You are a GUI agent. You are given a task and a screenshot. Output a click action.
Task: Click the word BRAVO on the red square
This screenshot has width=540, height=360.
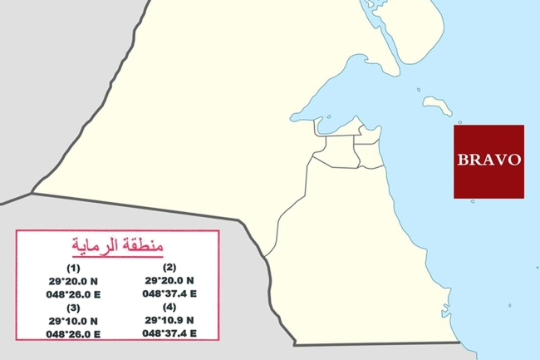click(488, 160)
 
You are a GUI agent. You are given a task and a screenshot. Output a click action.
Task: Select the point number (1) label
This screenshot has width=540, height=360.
click(73, 268)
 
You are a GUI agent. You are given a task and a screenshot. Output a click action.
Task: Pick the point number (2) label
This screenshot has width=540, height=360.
click(169, 268)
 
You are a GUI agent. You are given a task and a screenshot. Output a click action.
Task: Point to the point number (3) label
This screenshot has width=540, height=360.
click(73, 307)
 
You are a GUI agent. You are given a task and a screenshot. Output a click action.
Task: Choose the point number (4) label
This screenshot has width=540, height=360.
click(169, 307)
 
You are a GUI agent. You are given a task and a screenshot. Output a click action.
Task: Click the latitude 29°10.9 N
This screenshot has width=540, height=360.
click(169, 320)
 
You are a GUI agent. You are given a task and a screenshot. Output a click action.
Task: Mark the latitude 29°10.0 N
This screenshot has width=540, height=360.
click(73, 320)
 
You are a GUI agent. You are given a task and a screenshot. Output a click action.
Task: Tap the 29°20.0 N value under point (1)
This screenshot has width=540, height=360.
click(73, 281)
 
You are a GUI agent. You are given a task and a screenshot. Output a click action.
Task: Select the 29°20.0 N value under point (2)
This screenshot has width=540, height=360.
click(169, 281)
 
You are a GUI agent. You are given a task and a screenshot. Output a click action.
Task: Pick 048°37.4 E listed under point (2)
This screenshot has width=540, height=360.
click(169, 293)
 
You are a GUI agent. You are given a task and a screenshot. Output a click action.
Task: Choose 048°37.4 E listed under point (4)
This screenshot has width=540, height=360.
click(169, 333)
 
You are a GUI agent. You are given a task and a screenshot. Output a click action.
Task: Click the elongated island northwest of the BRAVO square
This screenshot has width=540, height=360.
click(436, 105)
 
